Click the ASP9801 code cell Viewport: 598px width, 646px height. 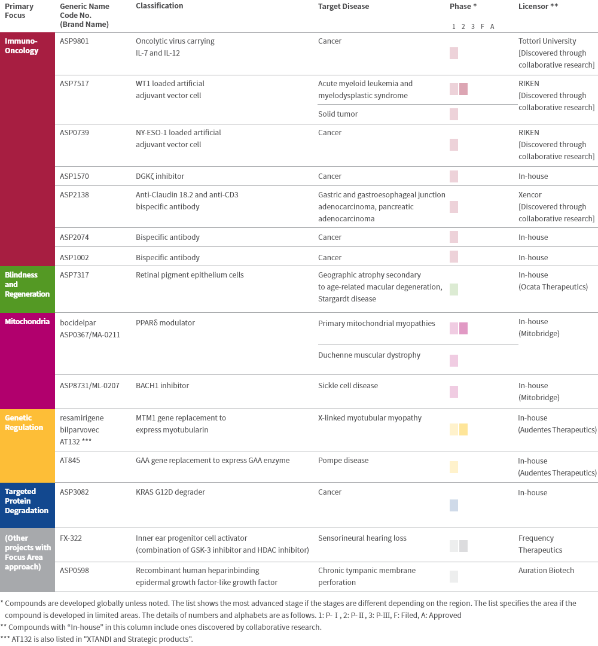pos(74,41)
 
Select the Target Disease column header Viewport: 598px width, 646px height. pos(343,7)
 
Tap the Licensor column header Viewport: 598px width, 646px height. pos(538,7)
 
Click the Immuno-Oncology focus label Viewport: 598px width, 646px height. pos(22,46)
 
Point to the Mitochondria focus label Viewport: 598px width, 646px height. pos(27,322)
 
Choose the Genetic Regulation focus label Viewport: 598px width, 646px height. pos(24,422)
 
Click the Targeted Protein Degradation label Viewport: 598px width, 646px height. pos(27,501)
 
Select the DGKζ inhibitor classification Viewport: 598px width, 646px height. pos(160,176)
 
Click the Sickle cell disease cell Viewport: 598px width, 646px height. pos(348,386)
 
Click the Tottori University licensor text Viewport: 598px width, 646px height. pos(547,41)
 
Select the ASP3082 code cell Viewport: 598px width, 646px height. pos(74,492)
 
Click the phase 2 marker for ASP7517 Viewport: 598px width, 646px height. pos(463,89)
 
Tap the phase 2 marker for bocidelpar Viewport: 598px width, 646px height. pos(463,328)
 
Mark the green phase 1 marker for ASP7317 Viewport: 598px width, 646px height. pos(454,290)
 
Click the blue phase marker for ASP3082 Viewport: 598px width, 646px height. pos(454,505)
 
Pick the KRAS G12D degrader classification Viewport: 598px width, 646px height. pos(170,492)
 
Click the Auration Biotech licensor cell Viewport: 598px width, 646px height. pos(546,571)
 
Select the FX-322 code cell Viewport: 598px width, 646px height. pos(71,538)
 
